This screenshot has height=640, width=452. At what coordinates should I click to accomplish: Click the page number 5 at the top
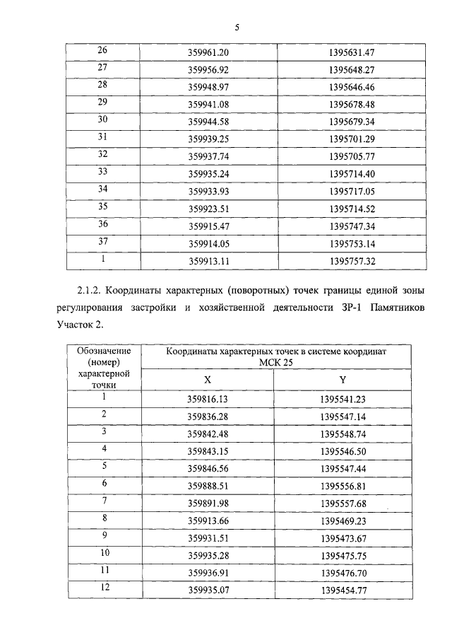point(237,28)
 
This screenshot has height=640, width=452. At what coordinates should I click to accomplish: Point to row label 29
point(103,103)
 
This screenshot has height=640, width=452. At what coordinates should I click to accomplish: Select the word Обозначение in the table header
point(103,351)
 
